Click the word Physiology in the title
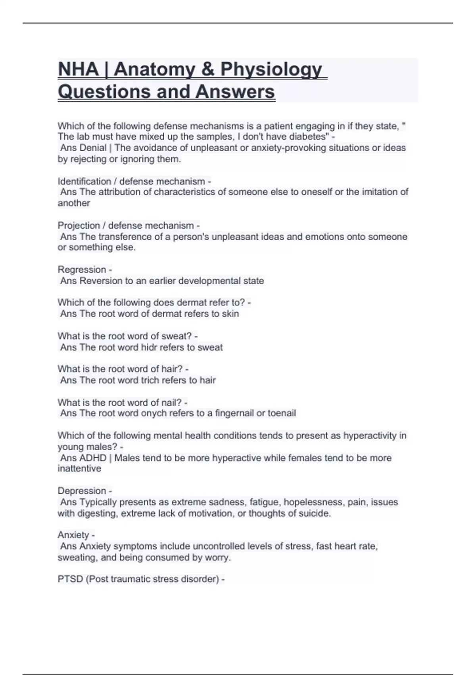(271, 69)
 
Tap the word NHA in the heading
(78, 69)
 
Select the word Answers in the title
(235, 92)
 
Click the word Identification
(84, 181)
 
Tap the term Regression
(82, 270)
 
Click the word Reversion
(101, 281)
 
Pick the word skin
(230, 314)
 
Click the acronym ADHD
(93, 458)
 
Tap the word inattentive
(79, 469)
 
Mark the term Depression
(82, 491)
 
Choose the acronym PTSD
(70, 579)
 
